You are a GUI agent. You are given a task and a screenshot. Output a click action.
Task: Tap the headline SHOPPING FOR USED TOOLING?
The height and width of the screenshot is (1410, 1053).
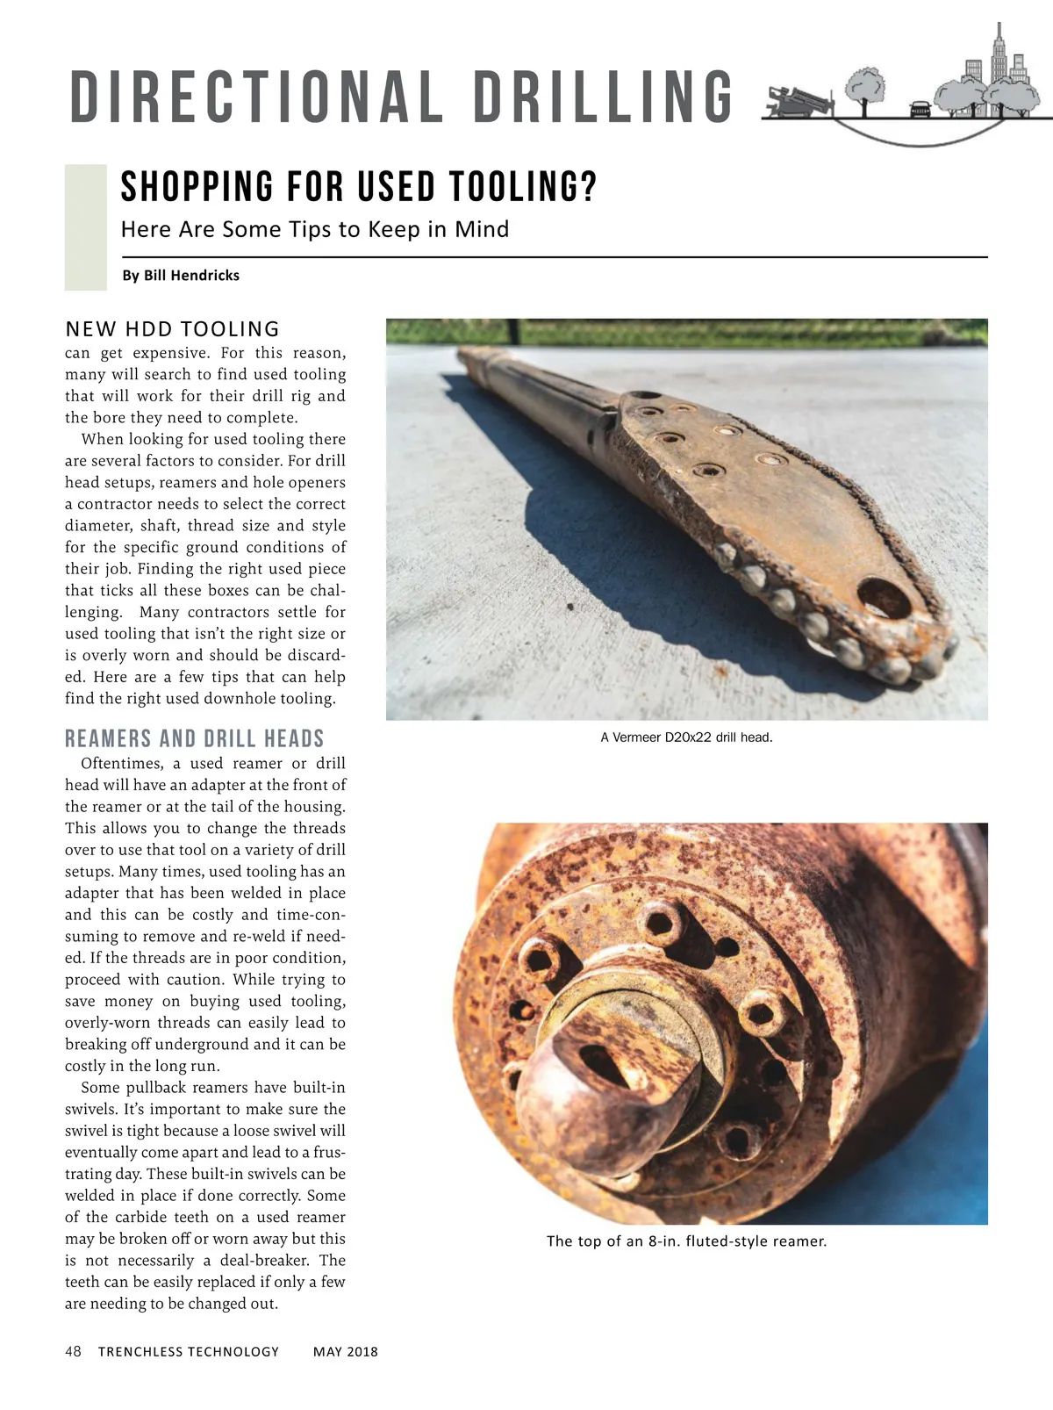click(358, 187)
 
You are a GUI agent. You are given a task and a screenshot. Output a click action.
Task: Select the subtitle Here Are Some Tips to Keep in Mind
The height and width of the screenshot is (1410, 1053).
click(314, 230)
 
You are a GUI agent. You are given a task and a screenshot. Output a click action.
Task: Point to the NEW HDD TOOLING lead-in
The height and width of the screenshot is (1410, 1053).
click(172, 329)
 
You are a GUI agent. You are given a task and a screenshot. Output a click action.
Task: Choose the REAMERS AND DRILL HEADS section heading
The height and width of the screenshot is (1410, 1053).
click(194, 738)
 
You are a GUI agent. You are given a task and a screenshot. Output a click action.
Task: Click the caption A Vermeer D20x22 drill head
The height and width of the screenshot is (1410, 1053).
click(686, 737)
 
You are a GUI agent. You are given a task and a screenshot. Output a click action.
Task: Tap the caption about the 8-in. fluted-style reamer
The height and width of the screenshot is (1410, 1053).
click(686, 1241)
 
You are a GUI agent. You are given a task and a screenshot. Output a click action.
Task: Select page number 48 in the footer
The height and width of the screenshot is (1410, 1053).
click(73, 1352)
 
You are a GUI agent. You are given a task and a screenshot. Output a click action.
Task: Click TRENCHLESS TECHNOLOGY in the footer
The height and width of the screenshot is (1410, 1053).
click(188, 1352)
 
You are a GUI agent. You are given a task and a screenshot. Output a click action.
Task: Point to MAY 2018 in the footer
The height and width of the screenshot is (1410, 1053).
click(346, 1352)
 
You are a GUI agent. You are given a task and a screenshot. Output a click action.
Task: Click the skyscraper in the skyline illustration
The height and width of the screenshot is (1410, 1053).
click(998, 58)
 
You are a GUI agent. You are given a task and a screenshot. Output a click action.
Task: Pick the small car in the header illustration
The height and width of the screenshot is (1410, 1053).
click(920, 108)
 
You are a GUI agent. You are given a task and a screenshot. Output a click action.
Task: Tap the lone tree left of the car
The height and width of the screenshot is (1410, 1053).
click(864, 88)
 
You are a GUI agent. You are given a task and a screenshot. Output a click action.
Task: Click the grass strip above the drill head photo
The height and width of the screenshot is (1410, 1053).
click(686, 331)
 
